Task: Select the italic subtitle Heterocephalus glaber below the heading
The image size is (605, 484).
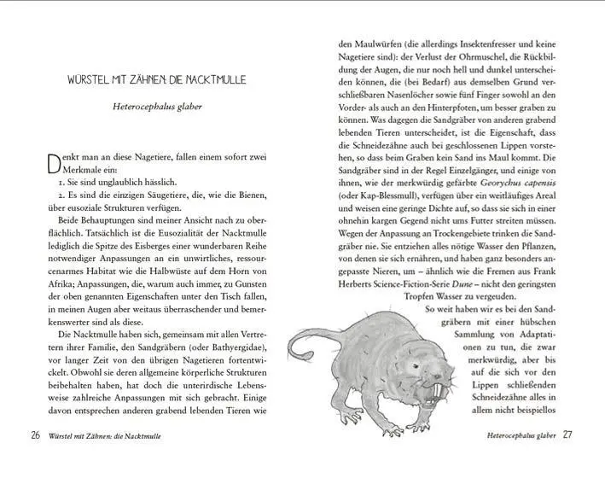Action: [x=156, y=108]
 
